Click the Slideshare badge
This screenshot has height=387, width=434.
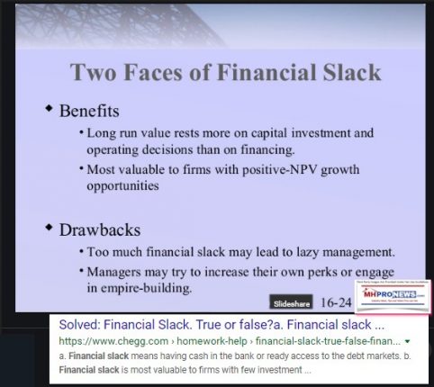click(294, 300)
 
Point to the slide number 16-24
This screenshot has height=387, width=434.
click(339, 300)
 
